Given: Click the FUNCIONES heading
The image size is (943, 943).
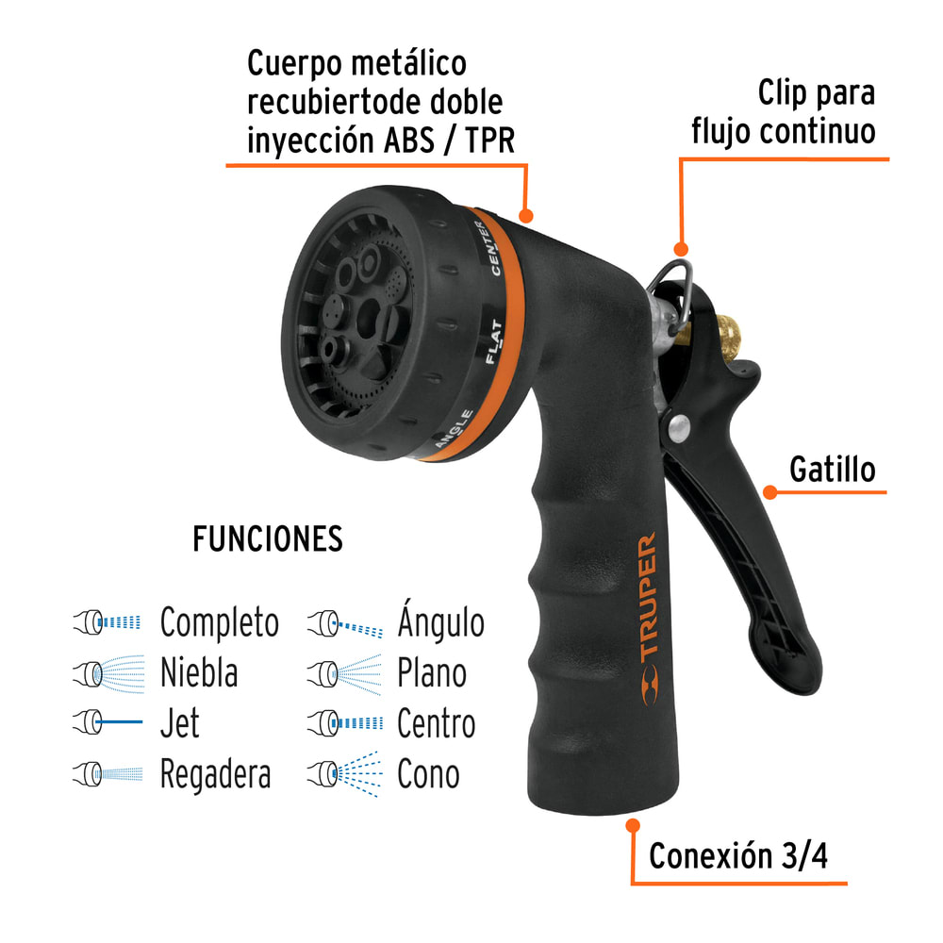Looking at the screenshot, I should pos(268,539).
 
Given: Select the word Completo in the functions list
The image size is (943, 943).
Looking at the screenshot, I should pos(219,623).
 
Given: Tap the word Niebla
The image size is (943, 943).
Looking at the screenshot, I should pos(198,673).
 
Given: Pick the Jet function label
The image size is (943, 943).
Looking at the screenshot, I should pos(179,723).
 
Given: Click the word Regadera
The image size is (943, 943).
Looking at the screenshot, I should pos(215,775).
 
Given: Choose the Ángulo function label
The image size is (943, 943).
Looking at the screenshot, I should pos(440,622).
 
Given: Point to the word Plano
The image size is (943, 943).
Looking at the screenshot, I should pos(431,673).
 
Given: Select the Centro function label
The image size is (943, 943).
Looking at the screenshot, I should pos(436,724).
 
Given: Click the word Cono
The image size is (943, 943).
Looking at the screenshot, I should pos(428,774).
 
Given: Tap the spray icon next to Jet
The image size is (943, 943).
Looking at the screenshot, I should pos(107,723).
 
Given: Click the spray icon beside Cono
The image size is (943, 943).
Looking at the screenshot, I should pos(344,772).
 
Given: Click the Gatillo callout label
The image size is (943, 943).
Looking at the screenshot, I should pos(833,470).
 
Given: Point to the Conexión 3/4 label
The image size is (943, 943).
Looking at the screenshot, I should pos(739,856).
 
